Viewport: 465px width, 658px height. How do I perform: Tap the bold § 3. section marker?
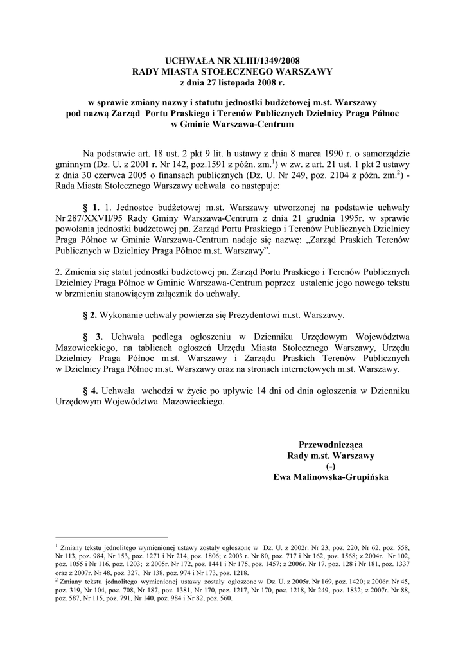93,336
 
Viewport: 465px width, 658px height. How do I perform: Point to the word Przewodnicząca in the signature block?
331,445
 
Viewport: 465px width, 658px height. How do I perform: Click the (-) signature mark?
331,467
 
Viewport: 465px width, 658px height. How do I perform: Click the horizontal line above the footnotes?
112,537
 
